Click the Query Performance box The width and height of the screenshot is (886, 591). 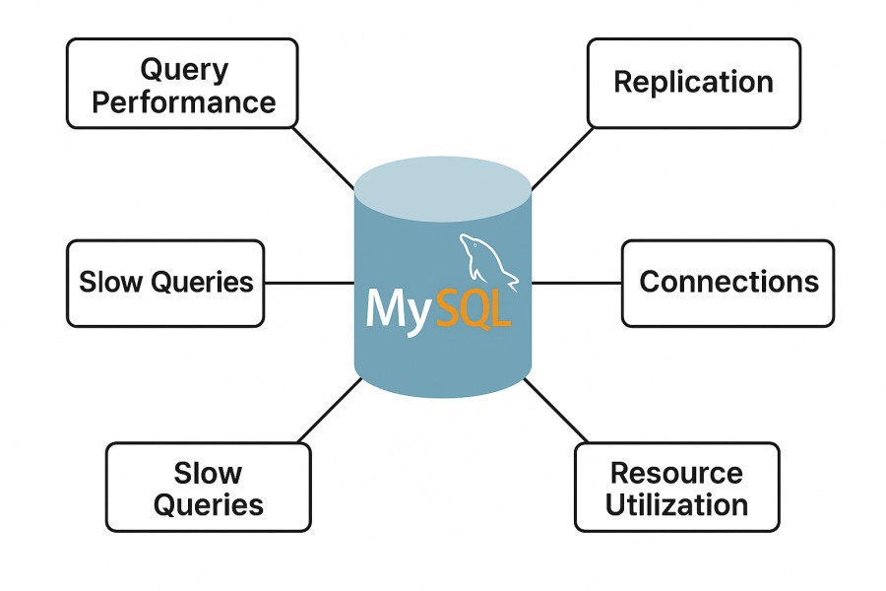pos(182,84)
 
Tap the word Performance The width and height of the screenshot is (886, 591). pos(183,102)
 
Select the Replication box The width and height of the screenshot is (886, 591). pos(693,83)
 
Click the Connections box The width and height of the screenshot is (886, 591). pos(728,283)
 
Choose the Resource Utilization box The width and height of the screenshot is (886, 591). pos(676,488)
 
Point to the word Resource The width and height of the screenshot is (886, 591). pos(676,473)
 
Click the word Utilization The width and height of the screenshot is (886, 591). pos(676,505)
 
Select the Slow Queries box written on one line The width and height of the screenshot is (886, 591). pos(165,283)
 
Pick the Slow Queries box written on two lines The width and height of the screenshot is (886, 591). pos(208,488)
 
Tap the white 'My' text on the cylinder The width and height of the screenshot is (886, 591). pos(398,309)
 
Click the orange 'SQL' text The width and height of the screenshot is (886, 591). pos(474,309)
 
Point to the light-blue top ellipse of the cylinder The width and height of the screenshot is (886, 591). pos(443,187)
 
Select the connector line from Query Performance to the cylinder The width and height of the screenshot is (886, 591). pos(325,158)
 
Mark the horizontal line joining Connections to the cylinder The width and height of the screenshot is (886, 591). pos(576,283)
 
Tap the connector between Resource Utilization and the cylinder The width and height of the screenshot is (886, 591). pos(556,409)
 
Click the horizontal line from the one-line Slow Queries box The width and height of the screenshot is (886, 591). pos(309,283)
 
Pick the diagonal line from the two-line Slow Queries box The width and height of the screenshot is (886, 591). pos(330,409)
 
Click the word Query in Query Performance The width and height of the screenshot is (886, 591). pos(183,69)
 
